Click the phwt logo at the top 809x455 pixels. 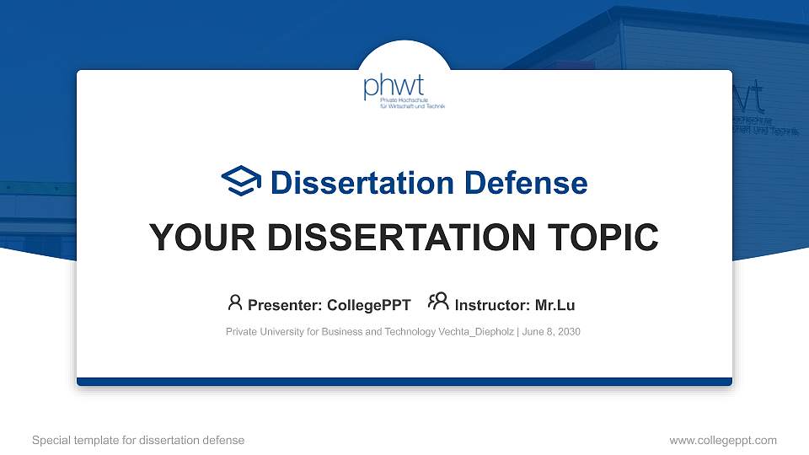click(x=404, y=91)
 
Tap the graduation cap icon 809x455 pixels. click(x=241, y=180)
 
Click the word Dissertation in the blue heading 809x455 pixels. click(x=362, y=183)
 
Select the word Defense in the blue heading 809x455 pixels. click(x=526, y=183)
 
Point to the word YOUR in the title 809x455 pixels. click(x=202, y=238)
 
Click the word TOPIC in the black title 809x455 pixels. click(x=603, y=238)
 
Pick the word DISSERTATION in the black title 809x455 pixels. click(x=401, y=238)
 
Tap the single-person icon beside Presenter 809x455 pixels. click(x=235, y=302)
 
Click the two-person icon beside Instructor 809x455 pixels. click(x=438, y=302)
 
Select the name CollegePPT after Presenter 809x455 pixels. click(x=369, y=305)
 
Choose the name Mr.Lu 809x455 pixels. click(x=555, y=305)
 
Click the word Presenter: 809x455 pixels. click(x=285, y=305)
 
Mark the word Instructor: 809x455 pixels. click(x=492, y=305)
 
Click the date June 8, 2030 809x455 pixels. click(x=551, y=332)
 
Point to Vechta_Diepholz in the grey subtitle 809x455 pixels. click(x=476, y=332)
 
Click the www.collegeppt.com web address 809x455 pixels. click(x=723, y=441)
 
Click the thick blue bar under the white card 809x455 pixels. click(x=404, y=382)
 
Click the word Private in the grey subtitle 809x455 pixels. click(x=242, y=332)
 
